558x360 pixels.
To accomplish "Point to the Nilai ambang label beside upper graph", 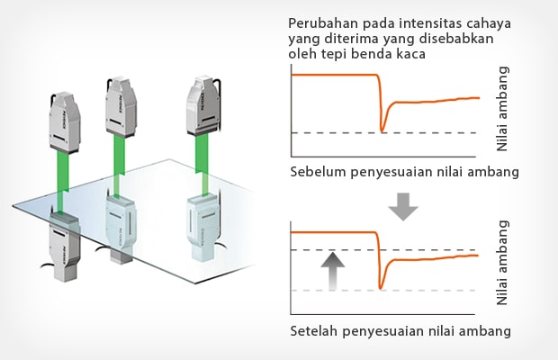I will click(x=503, y=108).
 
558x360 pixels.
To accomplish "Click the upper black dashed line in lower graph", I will click(x=333, y=249).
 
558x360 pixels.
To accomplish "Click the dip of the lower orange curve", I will click(x=382, y=285).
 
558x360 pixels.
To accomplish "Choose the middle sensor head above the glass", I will click(x=121, y=103).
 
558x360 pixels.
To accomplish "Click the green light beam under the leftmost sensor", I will click(x=64, y=180).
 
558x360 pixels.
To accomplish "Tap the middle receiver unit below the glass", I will click(x=123, y=229).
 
